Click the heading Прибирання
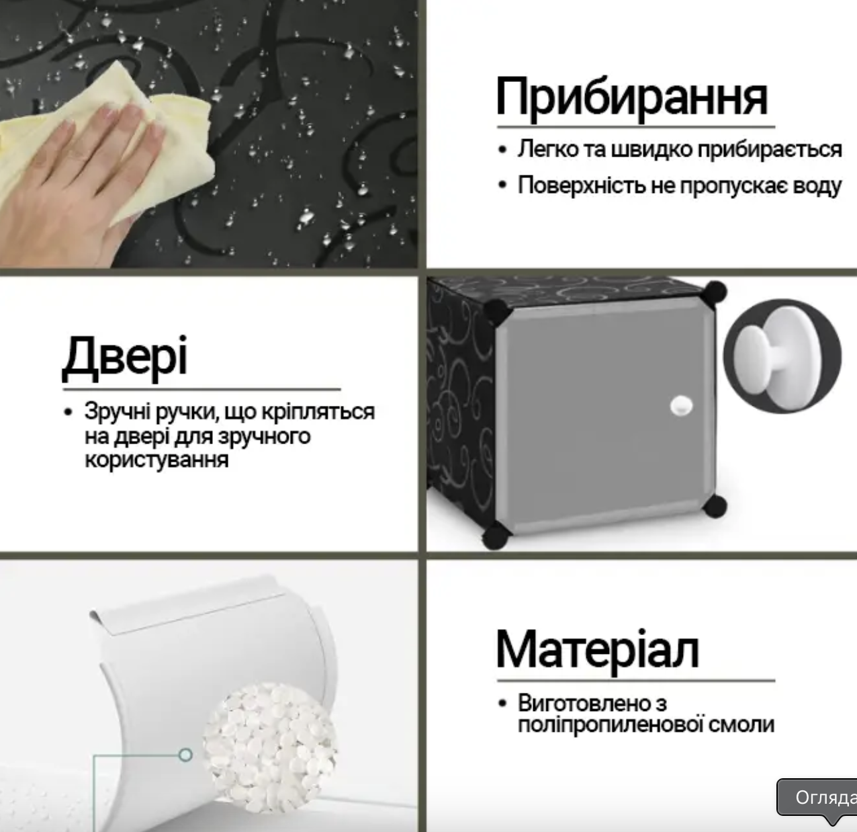tap(631, 98)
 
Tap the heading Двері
tap(125, 357)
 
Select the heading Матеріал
tap(598, 650)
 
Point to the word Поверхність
tap(582, 185)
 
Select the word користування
tap(156, 460)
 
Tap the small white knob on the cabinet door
tap(680, 405)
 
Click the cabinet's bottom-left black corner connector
tap(496, 535)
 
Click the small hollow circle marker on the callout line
tap(185, 755)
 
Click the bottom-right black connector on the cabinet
tap(716, 505)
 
